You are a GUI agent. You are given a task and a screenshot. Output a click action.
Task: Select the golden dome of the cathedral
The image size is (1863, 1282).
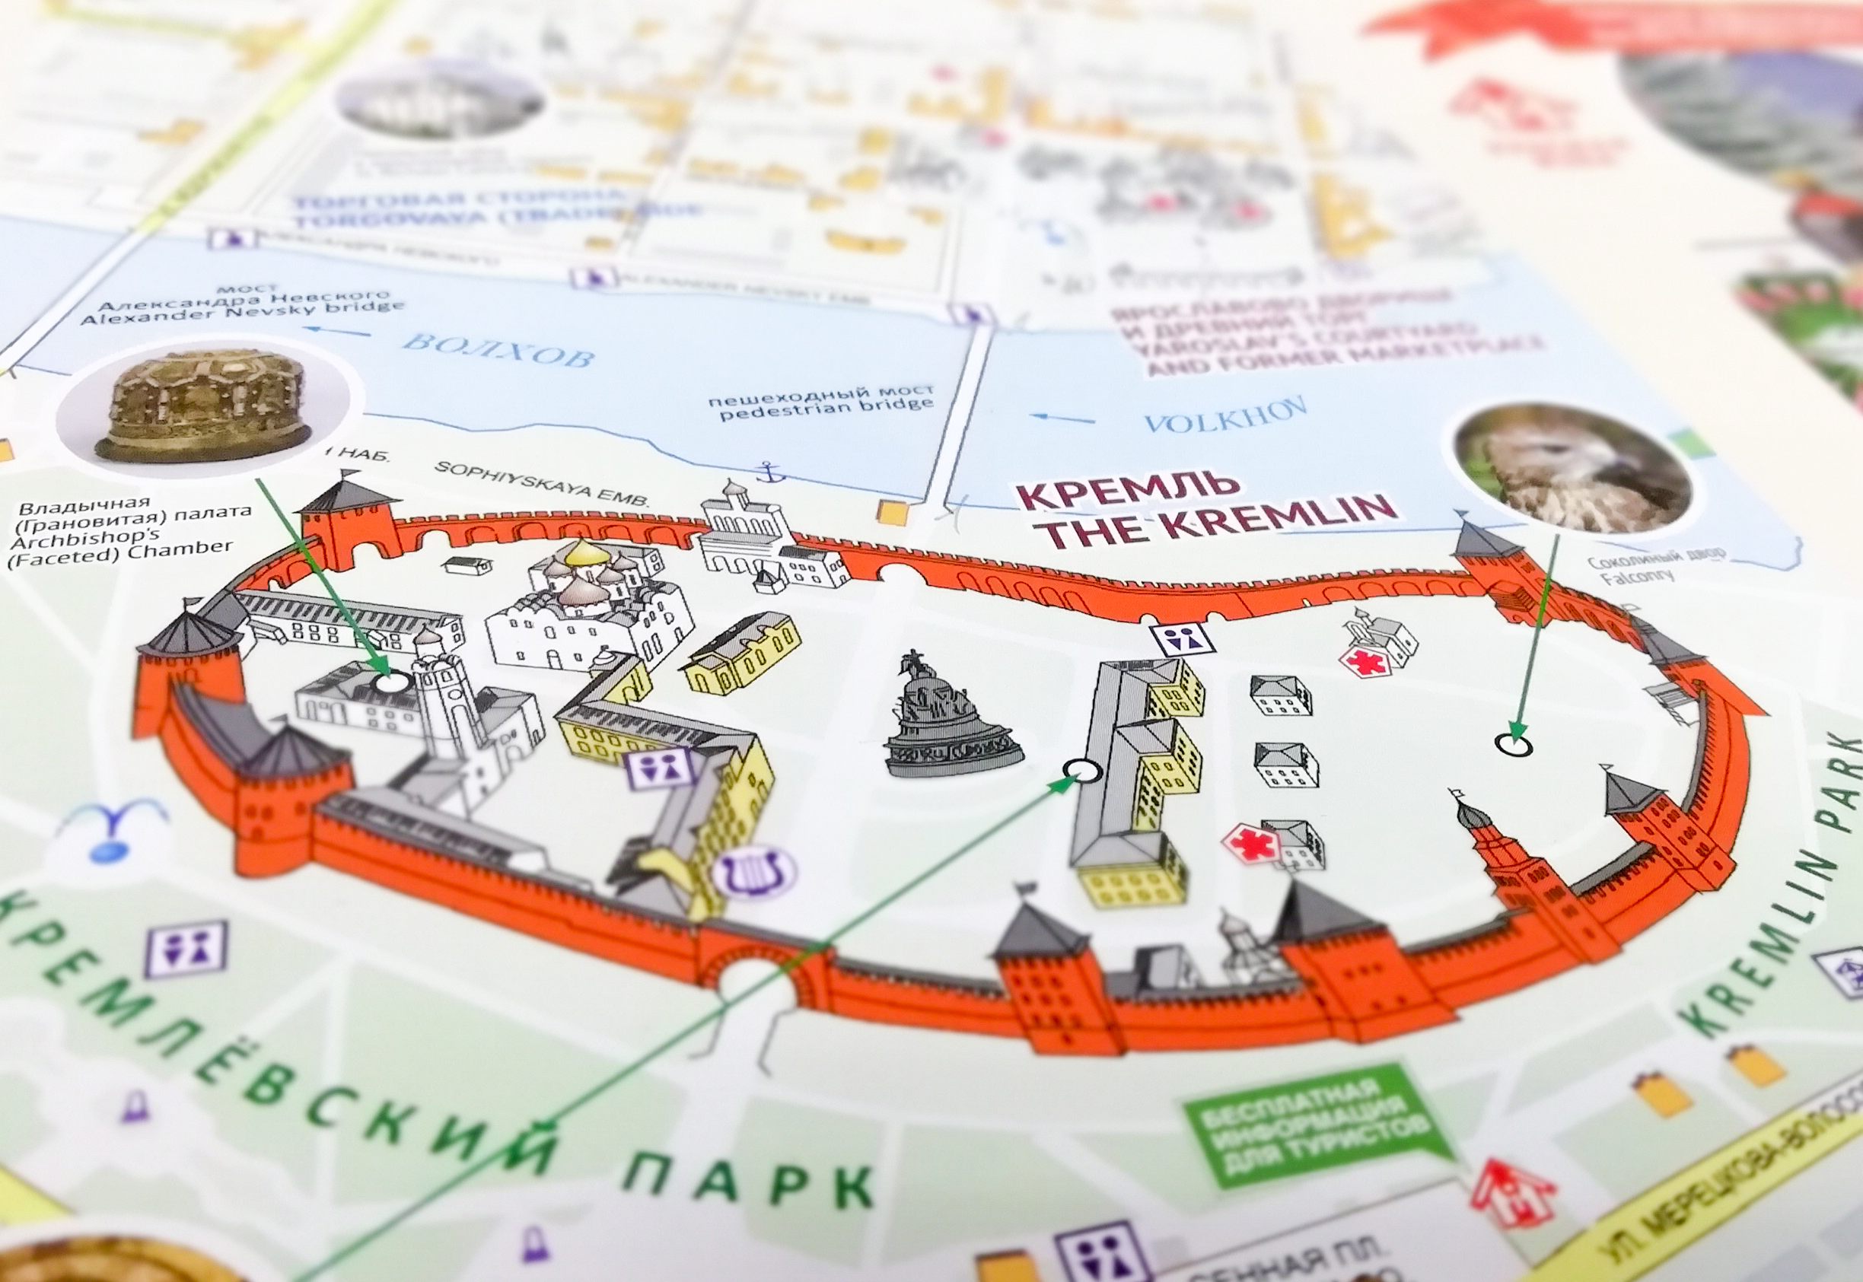pos(584,552)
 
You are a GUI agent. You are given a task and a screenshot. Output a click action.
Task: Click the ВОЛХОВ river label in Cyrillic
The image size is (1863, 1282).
pos(498,349)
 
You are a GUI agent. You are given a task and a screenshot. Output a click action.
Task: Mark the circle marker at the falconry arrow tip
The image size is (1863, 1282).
pos(1514,744)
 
